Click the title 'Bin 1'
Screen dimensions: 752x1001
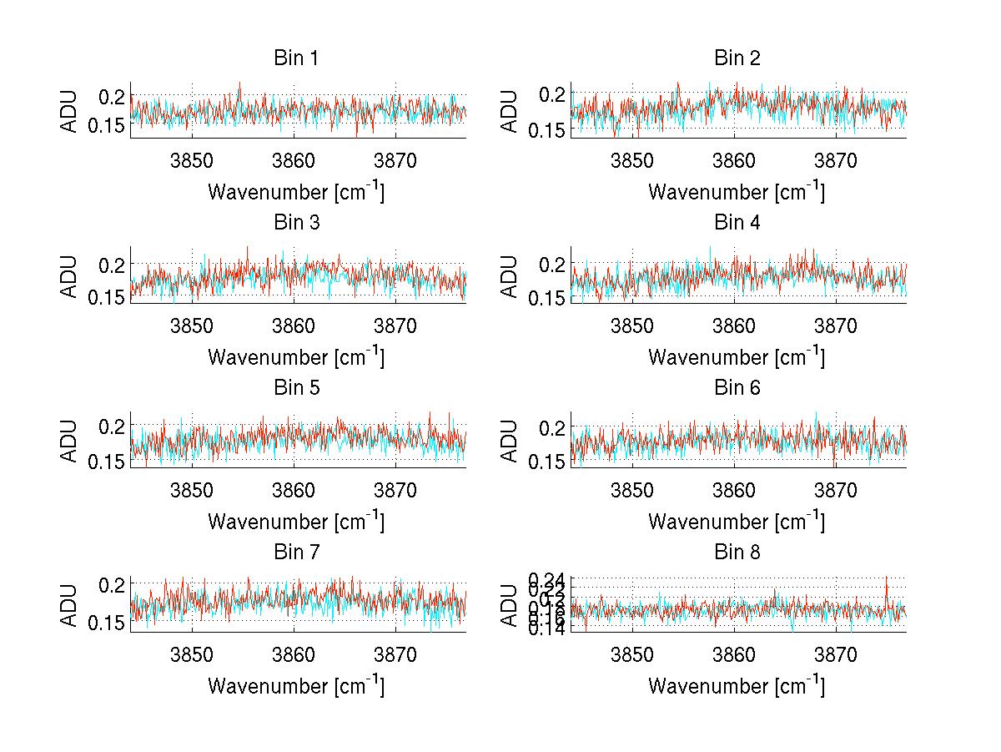[x=296, y=58]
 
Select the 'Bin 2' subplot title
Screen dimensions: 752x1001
[x=737, y=58]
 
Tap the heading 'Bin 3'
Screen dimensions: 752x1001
[x=296, y=223]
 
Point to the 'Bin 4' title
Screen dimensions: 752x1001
[x=737, y=223]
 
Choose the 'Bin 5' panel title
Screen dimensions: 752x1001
[x=296, y=388]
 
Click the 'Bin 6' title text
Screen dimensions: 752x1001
[x=737, y=388]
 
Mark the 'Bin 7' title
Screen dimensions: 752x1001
[x=296, y=553]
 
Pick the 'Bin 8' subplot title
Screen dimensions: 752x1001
[x=737, y=553]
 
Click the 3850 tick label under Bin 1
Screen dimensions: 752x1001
[x=193, y=160]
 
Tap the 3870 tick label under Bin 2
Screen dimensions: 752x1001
[x=836, y=160]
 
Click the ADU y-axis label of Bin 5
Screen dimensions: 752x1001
[x=70, y=440]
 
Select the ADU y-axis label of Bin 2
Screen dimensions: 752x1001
[x=511, y=110]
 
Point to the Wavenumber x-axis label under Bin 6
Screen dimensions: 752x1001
[x=737, y=522]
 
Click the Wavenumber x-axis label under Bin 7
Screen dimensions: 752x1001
[x=296, y=686]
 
